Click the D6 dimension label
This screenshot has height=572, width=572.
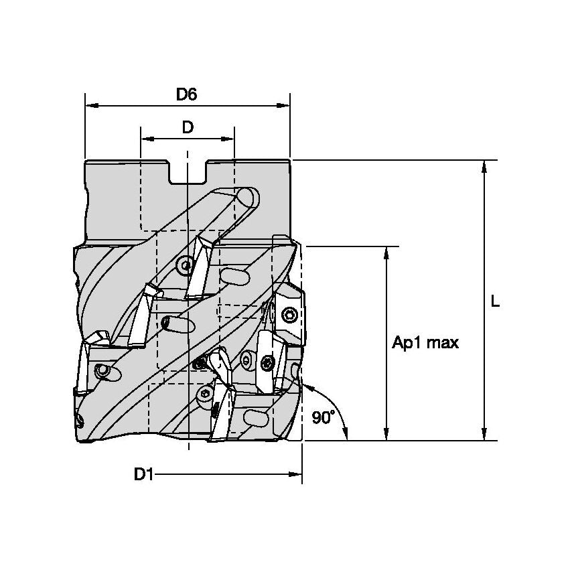click(x=186, y=94)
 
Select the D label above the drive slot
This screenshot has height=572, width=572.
click(x=188, y=127)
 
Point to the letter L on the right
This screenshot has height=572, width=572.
click(x=494, y=302)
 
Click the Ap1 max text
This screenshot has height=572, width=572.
click(x=425, y=343)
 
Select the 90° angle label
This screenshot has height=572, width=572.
click(x=324, y=417)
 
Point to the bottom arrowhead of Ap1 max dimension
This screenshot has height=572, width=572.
click(x=386, y=435)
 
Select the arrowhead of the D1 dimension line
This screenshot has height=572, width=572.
click(x=295, y=475)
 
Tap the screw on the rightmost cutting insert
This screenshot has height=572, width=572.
click(x=289, y=315)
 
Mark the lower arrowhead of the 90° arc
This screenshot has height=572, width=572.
click(x=346, y=435)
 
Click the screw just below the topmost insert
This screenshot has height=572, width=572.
click(x=186, y=266)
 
